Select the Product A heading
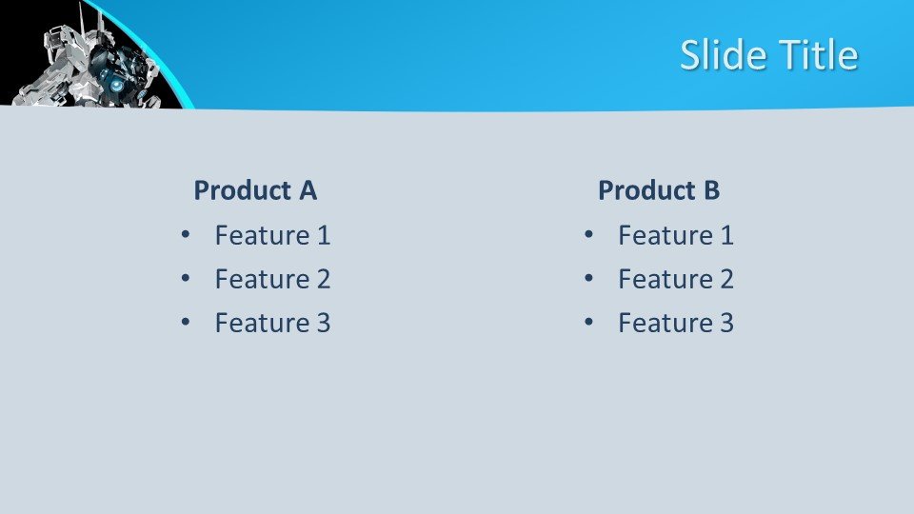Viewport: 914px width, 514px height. point(255,190)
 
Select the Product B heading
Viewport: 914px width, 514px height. point(659,190)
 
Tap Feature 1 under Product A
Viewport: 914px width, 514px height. point(273,235)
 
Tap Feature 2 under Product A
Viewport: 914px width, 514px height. point(273,279)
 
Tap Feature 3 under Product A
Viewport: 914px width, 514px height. point(273,323)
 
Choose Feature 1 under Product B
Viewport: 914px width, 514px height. point(676,235)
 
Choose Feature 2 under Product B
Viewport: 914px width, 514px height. point(676,279)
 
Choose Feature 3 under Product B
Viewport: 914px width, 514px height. point(676,323)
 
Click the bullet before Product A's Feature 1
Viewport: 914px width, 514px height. point(186,235)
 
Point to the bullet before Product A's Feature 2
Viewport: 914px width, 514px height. point(186,279)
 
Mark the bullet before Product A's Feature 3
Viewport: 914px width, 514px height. point(186,323)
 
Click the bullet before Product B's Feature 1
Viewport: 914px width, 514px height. point(588,235)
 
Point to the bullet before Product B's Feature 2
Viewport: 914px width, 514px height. point(588,279)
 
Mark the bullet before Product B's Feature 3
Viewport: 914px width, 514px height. point(588,323)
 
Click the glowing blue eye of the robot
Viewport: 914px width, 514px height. point(118,86)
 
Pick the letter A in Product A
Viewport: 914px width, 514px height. point(308,190)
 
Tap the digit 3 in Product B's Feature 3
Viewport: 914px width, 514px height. point(726,323)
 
